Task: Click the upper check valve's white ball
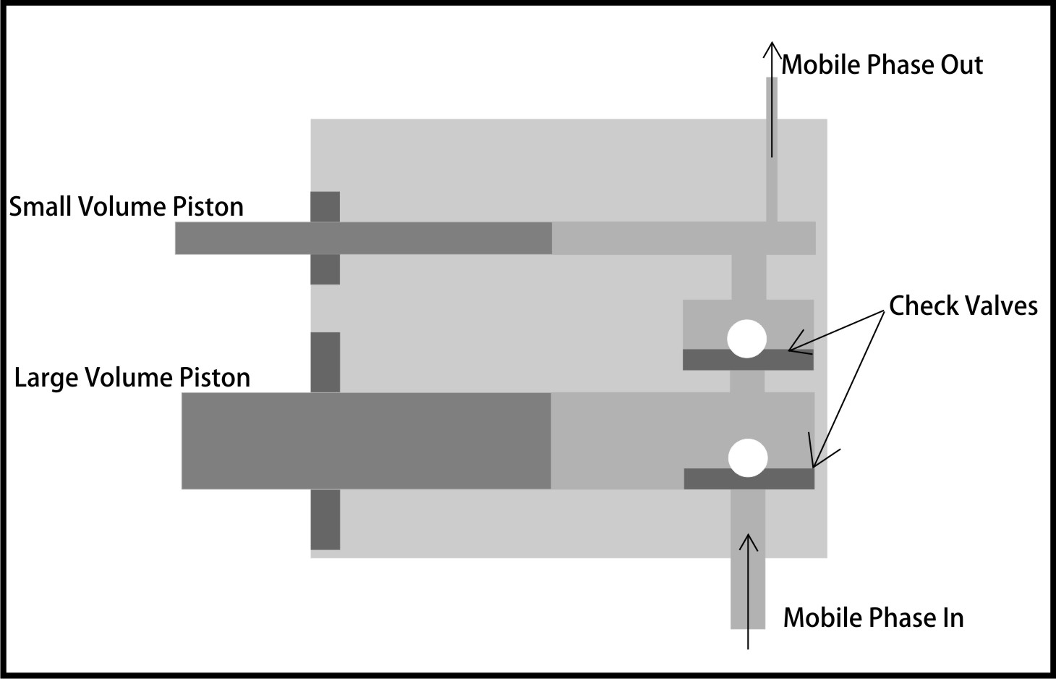pyautogui.click(x=746, y=338)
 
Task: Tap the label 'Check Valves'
pyautogui.click(x=963, y=305)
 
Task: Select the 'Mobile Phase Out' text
pyautogui.click(x=882, y=65)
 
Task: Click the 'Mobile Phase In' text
pyautogui.click(x=873, y=617)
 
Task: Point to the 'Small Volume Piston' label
pyautogui.click(x=126, y=207)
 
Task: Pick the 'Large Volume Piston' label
pyautogui.click(x=132, y=378)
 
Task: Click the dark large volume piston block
pyautogui.click(x=365, y=440)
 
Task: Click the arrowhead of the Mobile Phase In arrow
pyautogui.click(x=749, y=540)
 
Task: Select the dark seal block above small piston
pyautogui.click(x=325, y=206)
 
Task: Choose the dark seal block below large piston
pyautogui.click(x=325, y=519)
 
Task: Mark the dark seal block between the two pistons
pyautogui.click(x=325, y=362)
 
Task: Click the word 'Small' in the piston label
pyautogui.click(x=41, y=207)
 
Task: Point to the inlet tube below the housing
pyautogui.click(x=747, y=594)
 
